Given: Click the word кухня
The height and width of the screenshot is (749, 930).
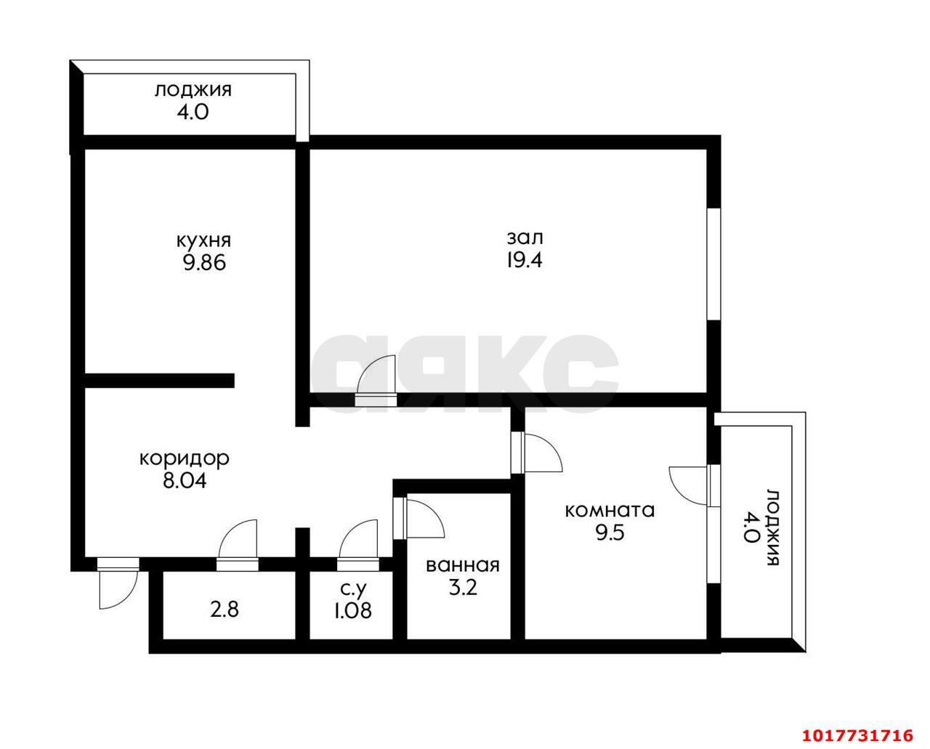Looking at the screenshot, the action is tap(204, 241).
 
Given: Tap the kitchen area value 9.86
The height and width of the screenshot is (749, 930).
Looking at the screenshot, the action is tap(204, 263).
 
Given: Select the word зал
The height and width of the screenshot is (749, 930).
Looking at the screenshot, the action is tap(525, 238).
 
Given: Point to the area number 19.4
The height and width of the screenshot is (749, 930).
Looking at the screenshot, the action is tap(524, 261).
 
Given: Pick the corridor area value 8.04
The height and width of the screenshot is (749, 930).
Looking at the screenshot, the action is tap(185, 481).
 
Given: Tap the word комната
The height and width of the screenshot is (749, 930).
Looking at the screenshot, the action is tap(610, 511).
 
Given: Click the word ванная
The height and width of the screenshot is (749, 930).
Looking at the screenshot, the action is tap(463, 566).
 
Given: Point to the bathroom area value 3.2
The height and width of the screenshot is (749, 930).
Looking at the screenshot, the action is tap(463, 588).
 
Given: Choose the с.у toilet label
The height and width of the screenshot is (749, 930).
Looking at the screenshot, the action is tap(353, 588).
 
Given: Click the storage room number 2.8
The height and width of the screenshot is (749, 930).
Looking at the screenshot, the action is tap(225, 610).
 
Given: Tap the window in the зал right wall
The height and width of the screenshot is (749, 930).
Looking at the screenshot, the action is tap(713, 264).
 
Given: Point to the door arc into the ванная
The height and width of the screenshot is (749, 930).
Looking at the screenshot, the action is tap(425, 519).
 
